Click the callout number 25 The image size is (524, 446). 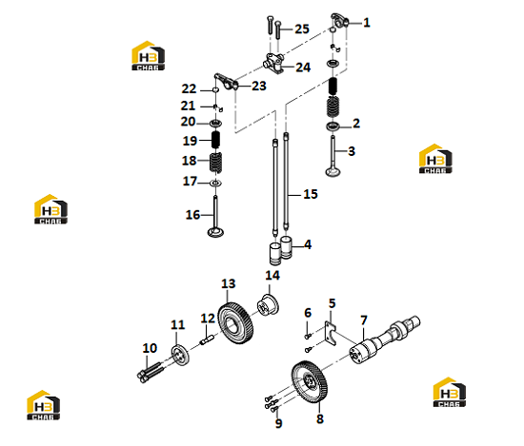[302, 29]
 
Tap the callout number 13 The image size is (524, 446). [229, 284]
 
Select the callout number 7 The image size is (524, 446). [364, 320]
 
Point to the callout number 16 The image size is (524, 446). [192, 215]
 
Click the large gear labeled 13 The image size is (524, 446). [235, 323]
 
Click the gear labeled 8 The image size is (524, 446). [309, 381]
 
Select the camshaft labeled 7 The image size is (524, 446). [384, 339]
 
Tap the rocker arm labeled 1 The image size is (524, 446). [340, 21]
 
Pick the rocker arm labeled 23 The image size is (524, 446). [226, 82]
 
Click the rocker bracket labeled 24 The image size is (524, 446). [274, 64]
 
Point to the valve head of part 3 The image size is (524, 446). [333, 172]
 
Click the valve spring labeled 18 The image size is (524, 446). [216, 163]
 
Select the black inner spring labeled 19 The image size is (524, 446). [216, 140]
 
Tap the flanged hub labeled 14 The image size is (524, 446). [268, 305]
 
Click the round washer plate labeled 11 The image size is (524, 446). [180, 356]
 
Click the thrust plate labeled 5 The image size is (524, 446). [331, 336]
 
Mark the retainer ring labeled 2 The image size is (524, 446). [333, 126]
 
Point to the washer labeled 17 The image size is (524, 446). [216, 183]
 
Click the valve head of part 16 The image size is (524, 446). [215, 232]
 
